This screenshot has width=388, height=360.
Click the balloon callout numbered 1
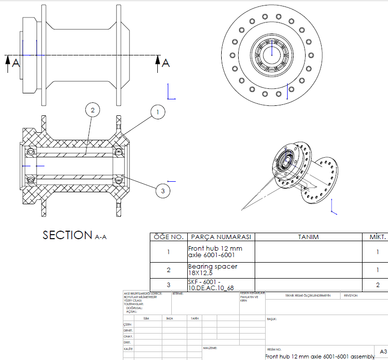click(158, 112)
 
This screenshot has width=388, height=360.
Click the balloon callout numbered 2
click(92, 109)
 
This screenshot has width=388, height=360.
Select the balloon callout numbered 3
click(162, 190)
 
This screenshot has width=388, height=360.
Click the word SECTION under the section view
click(67, 235)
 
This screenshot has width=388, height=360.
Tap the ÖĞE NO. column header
click(168, 237)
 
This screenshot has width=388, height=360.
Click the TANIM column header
click(308, 237)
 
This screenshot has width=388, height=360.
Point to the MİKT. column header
click(377, 237)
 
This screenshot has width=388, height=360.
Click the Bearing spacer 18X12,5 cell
click(213, 270)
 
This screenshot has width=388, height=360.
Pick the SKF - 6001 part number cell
click(211, 285)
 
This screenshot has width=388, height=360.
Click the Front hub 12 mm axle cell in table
click(215, 252)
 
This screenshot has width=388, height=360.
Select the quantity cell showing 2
click(378, 285)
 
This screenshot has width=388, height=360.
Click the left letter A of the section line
click(15, 63)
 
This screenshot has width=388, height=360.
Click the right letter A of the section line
click(166, 63)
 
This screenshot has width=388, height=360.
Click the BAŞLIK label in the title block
click(272, 319)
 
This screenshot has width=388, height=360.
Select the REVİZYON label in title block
click(351, 296)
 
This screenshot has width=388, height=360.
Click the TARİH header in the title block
click(195, 318)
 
